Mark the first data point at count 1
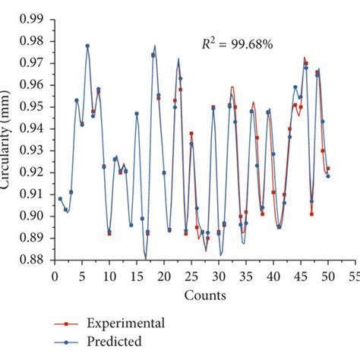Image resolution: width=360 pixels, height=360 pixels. point(60,199)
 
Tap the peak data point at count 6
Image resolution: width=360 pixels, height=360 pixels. point(87,46)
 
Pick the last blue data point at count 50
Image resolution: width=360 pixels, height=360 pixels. point(328,176)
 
